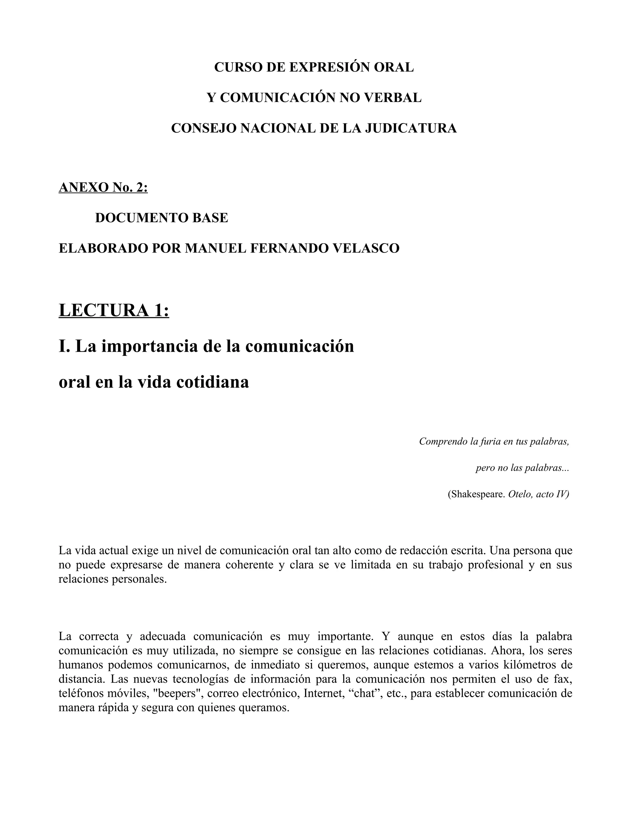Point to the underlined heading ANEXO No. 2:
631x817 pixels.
(x=103, y=187)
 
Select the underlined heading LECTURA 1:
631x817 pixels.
(x=114, y=310)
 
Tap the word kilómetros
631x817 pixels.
(x=530, y=665)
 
